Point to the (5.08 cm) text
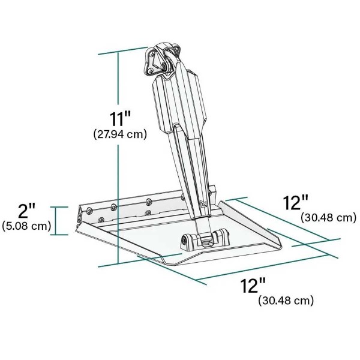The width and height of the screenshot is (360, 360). tap(26, 226)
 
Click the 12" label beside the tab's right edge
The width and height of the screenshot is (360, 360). tap(296, 202)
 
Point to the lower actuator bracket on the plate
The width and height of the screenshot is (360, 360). tap(203, 239)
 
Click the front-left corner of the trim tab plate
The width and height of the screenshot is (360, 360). tap(76, 231)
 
